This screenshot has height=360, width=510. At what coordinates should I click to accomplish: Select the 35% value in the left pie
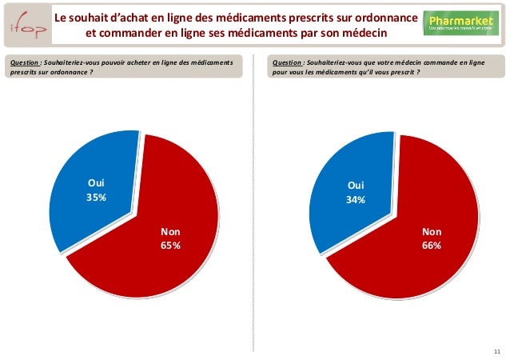[x=97, y=198]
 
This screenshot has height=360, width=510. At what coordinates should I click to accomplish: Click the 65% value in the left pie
[x=170, y=245]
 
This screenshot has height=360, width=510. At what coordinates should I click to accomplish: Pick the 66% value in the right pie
[x=432, y=246]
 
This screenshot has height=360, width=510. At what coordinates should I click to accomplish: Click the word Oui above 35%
[x=97, y=183]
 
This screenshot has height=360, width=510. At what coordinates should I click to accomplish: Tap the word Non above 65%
[x=170, y=230]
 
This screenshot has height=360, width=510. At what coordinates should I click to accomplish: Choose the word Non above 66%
[x=432, y=231]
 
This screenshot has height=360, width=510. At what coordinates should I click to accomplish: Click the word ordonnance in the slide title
[x=383, y=18]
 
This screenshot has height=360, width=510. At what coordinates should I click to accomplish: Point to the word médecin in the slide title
[x=361, y=34]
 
